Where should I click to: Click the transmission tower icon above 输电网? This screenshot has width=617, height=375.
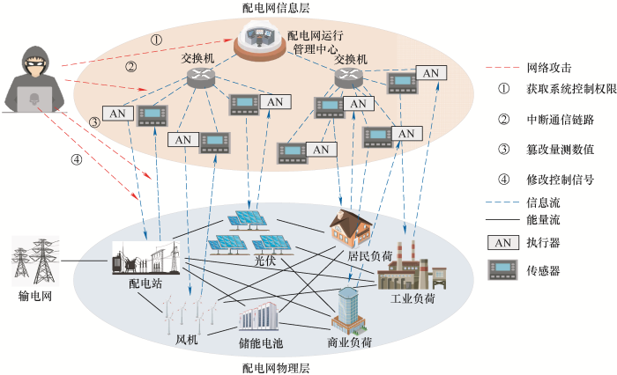point(33,260)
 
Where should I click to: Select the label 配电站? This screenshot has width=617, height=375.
point(145,284)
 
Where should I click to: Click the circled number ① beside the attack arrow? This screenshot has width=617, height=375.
point(156,40)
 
